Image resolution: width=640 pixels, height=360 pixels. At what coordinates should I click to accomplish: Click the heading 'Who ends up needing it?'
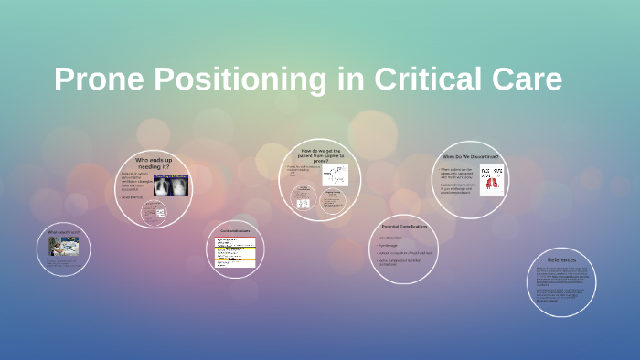pyautogui.click(x=155, y=164)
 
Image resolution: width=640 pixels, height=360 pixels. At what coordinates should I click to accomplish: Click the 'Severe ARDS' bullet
pyautogui.click(x=133, y=197)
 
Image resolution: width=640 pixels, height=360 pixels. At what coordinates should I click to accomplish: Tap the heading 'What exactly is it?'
pyautogui.click(x=62, y=232)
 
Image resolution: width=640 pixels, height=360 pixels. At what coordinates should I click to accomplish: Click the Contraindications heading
pyautogui.click(x=234, y=230)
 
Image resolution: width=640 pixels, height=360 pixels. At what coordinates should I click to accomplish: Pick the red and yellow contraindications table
pyautogui.click(x=234, y=249)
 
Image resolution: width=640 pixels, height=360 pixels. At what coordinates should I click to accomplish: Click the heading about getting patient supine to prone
pyautogui.click(x=319, y=154)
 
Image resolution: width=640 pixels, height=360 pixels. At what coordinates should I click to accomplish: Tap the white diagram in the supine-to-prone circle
pyautogui.click(x=335, y=175)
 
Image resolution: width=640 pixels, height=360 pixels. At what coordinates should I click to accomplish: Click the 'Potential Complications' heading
pyautogui.click(x=403, y=225)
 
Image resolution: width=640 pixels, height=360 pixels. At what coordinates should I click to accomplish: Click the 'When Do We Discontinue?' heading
pyautogui.click(x=470, y=156)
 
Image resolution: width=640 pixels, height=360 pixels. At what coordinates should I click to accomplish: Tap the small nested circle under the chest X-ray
pyautogui.click(x=154, y=213)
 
